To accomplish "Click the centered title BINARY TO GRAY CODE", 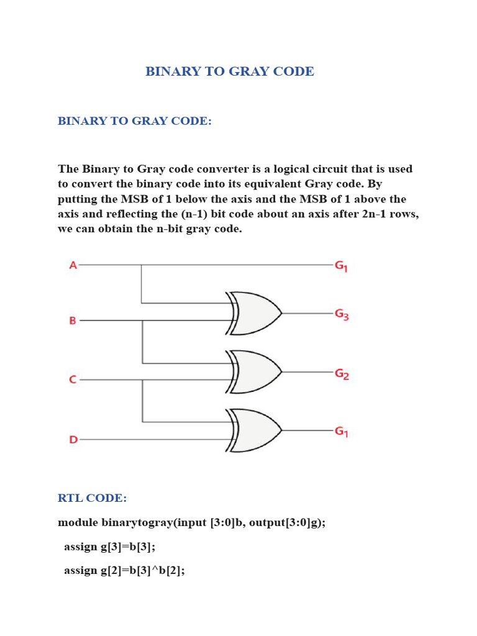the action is pyautogui.click(x=230, y=71).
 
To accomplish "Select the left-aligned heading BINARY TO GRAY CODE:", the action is pyautogui.click(x=135, y=121).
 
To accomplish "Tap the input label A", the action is pyautogui.click(x=73, y=265).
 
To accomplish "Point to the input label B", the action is pyautogui.click(x=73, y=321).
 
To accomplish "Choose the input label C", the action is pyautogui.click(x=73, y=379).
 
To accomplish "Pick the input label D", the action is pyautogui.click(x=73, y=440).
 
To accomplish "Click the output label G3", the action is pyautogui.click(x=342, y=314).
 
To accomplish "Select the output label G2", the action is pyautogui.click(x=342, y=374).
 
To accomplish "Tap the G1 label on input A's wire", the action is pyautogui.click(x=341, y=266).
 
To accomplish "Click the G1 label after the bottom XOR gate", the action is pyautogui.click(x=341, y=431).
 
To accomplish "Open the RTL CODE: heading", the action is pyautogui.click(x=93, y=498).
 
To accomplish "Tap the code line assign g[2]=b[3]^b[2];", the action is pyautogui.click(x=124, y=570).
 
